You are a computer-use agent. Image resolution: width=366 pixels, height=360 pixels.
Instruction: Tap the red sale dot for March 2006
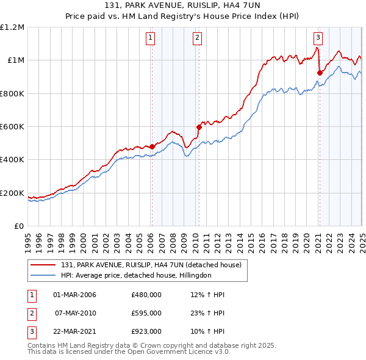tap(152, 146)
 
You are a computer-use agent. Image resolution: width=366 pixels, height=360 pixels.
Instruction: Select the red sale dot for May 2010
tap(198, 128)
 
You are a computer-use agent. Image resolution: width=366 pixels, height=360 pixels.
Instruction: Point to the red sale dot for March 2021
tap(319, 73)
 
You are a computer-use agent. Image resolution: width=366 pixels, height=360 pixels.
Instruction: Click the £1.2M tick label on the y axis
tap(12, 27)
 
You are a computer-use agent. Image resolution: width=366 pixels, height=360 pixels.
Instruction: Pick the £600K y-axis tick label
tap(12, 127)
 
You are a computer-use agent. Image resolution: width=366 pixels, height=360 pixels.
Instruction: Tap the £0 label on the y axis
tap(19, 226)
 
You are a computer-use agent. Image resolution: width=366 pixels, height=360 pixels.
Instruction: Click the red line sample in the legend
tap(43, 265)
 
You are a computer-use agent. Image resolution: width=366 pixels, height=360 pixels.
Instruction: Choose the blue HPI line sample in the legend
tap(43, 275)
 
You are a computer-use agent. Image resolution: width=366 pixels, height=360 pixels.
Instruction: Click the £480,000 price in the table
tap(146, 295)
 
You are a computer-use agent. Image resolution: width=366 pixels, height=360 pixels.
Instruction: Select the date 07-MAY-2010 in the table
tap(75, 313)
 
